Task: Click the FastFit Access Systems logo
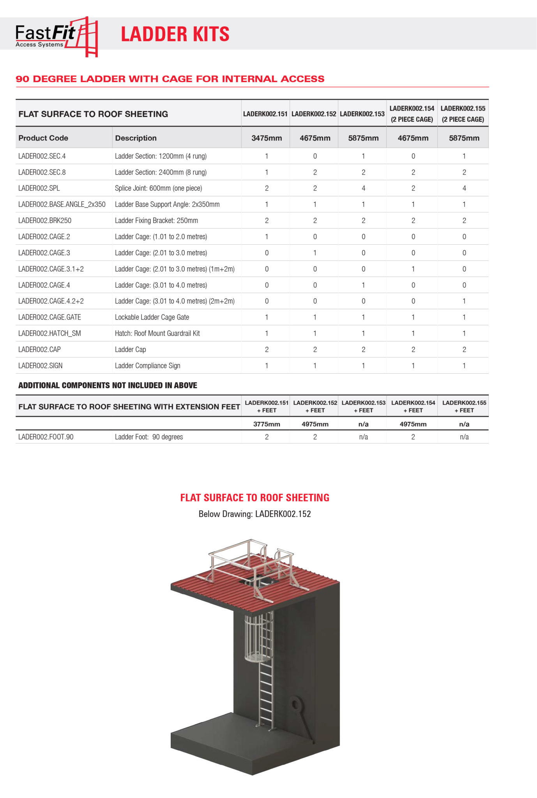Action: (x=56, y=36)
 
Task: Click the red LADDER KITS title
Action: (x=175, y=34)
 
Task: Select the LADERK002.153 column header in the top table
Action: (x=362, y=114)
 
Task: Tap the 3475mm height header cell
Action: (x=267, y=138)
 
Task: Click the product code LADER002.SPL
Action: (x=39, y=188)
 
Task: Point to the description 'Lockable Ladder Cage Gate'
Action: (x=152, y=317)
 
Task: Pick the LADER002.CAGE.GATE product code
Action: (x=49, y=317)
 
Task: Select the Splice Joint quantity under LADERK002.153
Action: (x=363, y=188)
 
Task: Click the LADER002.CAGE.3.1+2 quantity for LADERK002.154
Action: (x=413, y=269)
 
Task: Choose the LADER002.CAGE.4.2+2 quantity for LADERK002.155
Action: (x=464, y=301)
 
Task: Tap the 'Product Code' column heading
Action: (x=43, y=138)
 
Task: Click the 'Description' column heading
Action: (x=136, y=138)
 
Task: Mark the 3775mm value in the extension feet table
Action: (x=267, y=424)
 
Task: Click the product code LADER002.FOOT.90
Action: (x=46, y=437)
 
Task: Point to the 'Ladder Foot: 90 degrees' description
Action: (x=149, y=437)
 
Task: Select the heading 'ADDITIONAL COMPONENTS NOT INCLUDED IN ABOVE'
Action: (x=108, y=385)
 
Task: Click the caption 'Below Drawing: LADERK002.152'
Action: (x=254, y=514)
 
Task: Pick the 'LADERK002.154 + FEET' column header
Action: (x=413, y=406)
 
